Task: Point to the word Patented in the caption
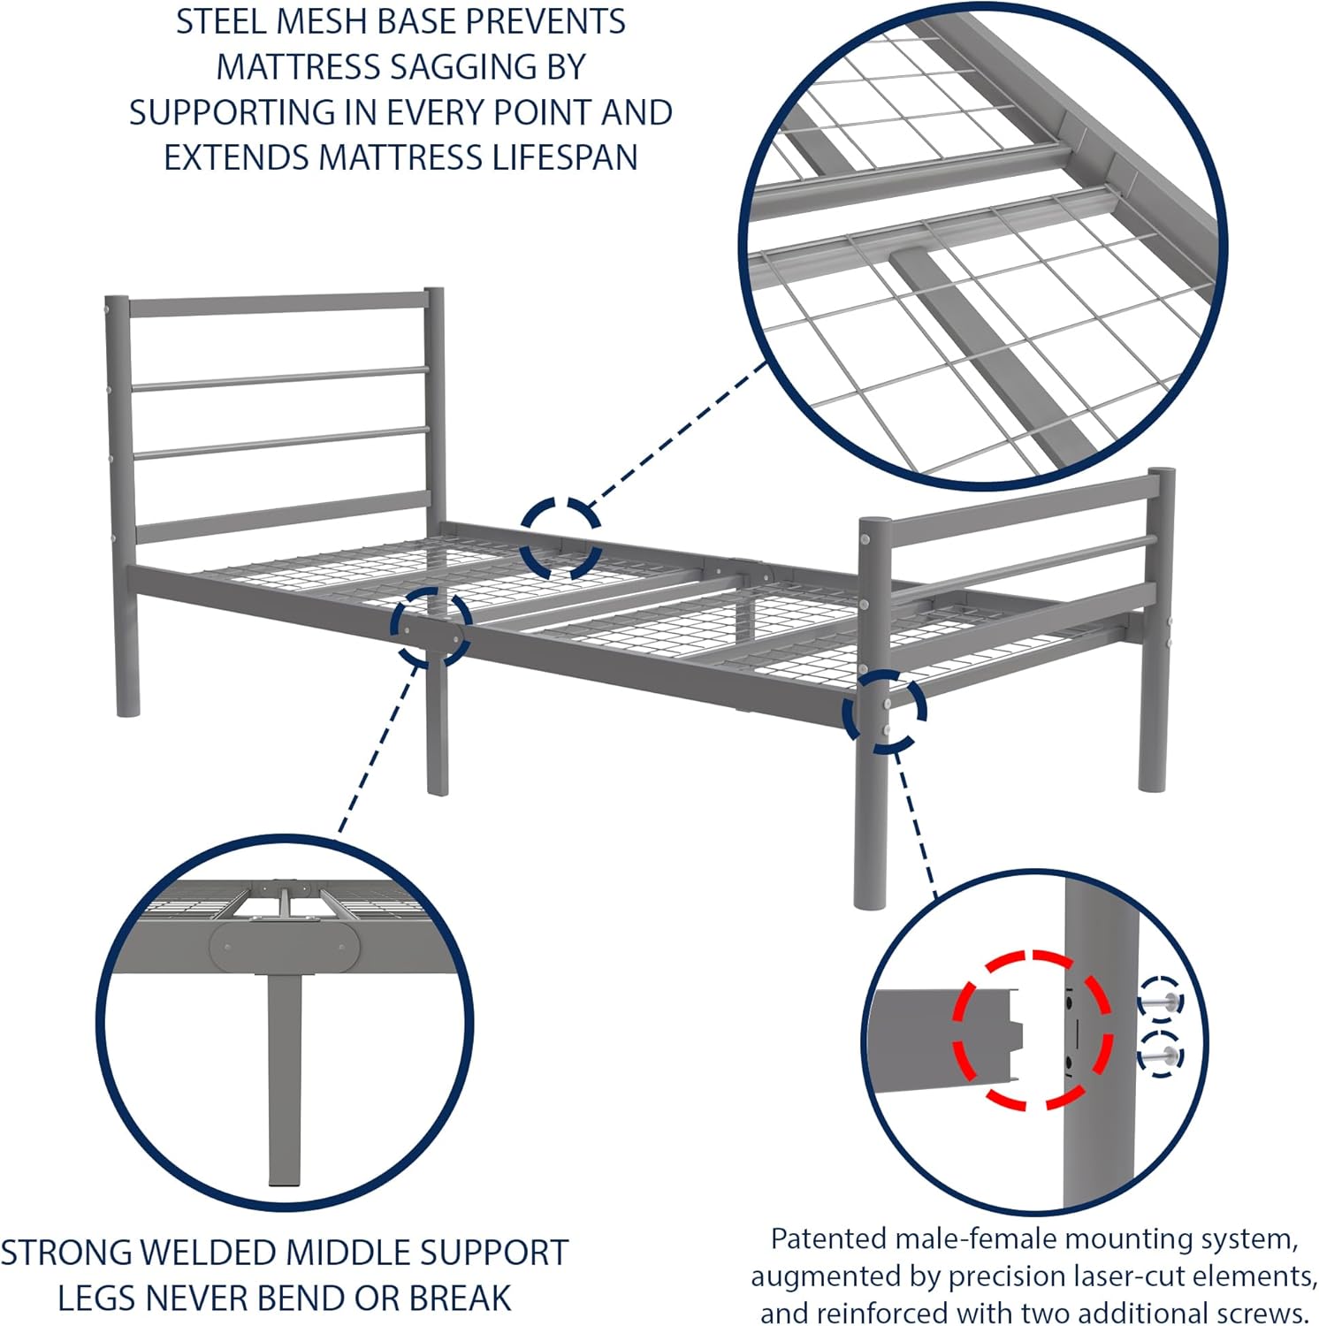pyautogui.click(x=827, y=1239)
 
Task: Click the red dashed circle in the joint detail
pyautogui.click(x=1032, y=1031)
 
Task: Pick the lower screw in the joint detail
pyautogui.click(x=1160, y=1054)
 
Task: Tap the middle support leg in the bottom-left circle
pyautogui.click(x=285, y=1078)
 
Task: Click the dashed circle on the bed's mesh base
pyautogui.click(x=560, y=538)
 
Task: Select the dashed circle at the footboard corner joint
pyautogui.click(x=884, y=712)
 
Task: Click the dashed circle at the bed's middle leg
pyautogui.click(x=431, y=627)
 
